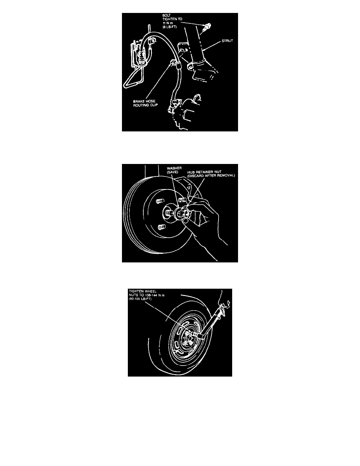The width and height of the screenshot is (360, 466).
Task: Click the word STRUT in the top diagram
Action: tap(227, 41)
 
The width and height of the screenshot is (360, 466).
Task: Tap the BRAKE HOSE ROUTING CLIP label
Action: tap(145, 103)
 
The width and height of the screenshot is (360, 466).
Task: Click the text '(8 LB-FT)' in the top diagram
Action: tap(169, 27)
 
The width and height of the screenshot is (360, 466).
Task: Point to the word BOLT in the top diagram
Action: tap(166, 15)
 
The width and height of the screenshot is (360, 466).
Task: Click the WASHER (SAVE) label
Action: tap(174, 170)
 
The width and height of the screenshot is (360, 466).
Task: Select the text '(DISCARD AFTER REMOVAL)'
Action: tap(211, 176)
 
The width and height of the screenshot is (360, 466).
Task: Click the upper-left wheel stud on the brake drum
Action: tap(160, 201)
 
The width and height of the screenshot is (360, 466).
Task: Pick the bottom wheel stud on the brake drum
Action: tap(161, 227)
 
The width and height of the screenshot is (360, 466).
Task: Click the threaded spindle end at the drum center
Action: tap(168, 213)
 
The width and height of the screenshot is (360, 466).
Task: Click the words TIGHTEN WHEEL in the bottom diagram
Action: tap(143, 291)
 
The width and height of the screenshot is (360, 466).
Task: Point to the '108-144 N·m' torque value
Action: tap(154, 295)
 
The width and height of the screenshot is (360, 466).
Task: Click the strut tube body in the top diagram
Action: tap(196, 45)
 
